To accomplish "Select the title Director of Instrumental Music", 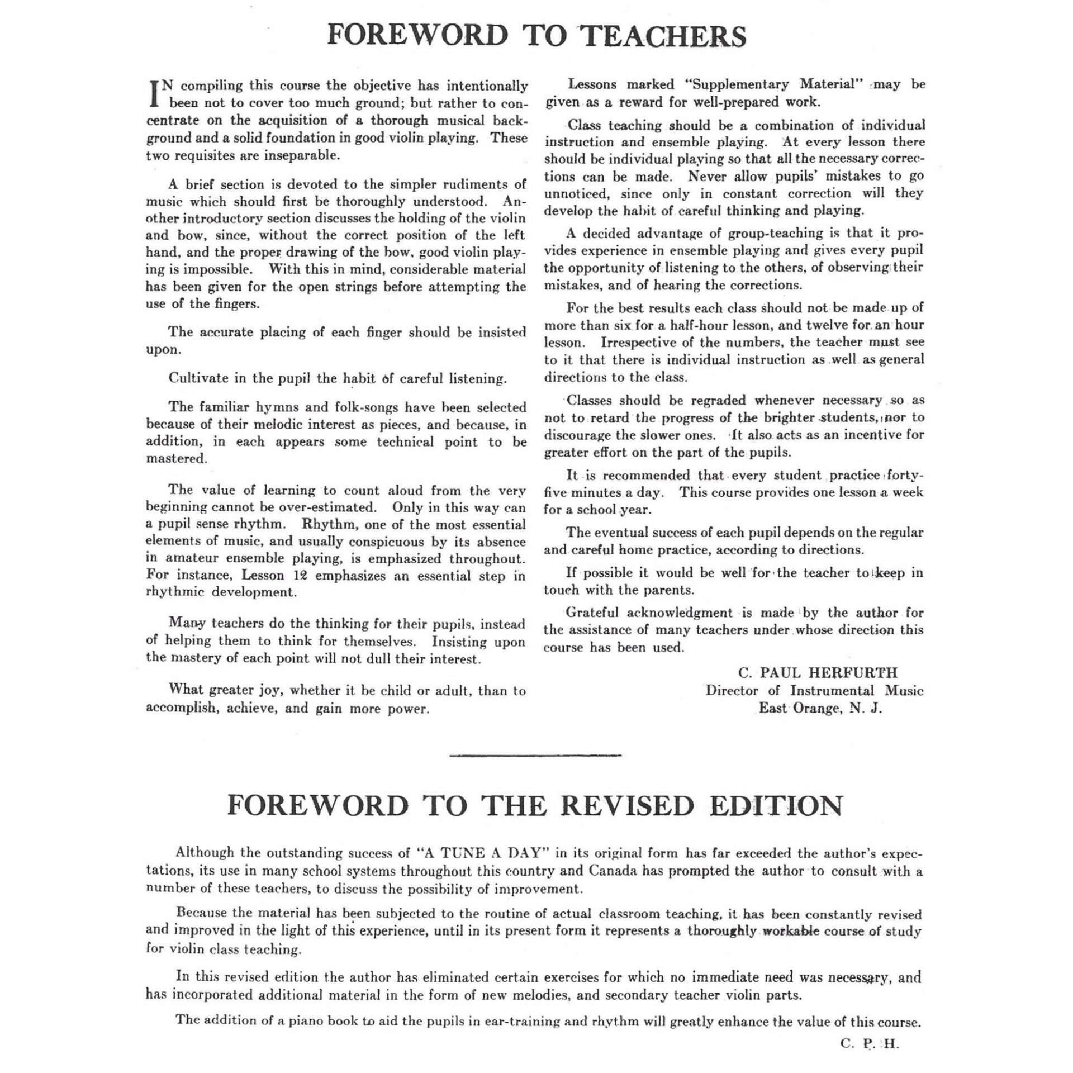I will click(x=814, y=690).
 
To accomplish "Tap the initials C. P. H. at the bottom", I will click(x=869, y=1044).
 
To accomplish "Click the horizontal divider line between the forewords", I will click(x=535, y=756).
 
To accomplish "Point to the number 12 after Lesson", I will click(x=300, y=575).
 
